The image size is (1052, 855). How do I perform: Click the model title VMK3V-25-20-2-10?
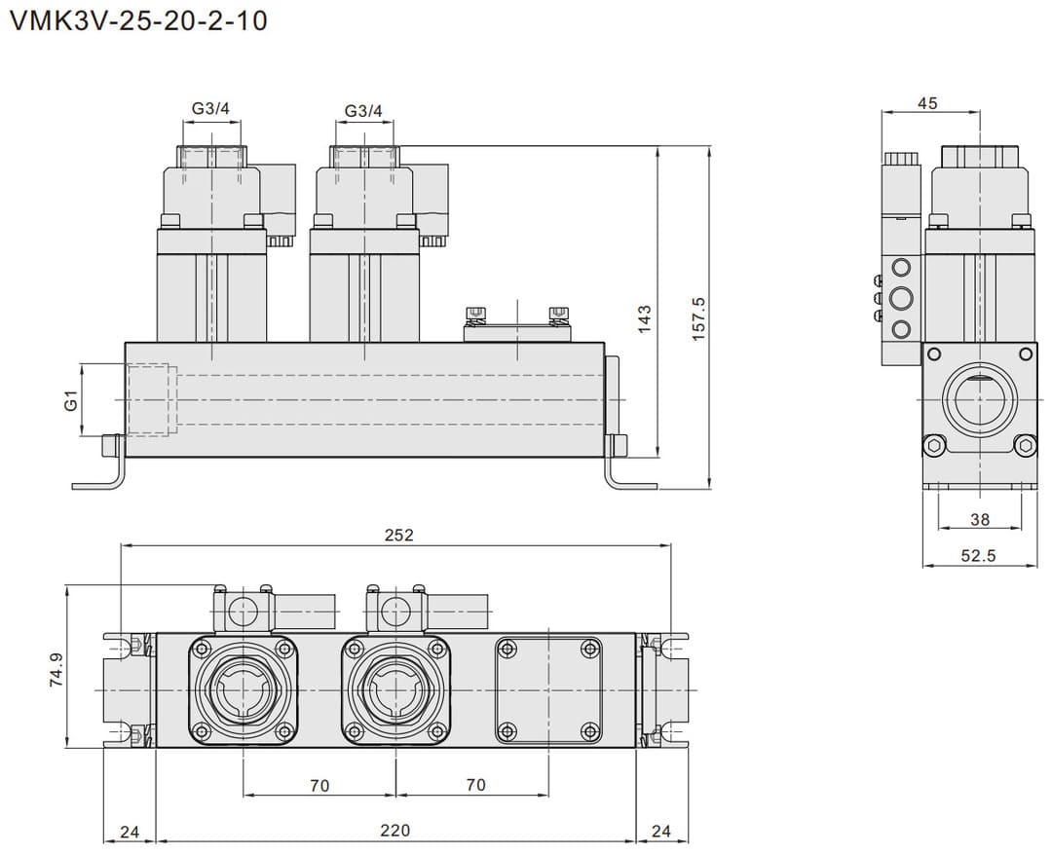[x=137, y=20]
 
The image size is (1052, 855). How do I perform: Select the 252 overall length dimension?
[x=398, y=535]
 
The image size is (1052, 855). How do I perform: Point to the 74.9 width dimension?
[x=56, y=671]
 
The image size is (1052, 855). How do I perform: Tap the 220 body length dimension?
[x=394, y=831]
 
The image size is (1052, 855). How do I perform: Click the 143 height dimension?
[x=644, y=319]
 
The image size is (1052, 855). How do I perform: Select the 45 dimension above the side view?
[x=927, y=102]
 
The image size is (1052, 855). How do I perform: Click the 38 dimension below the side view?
[x=980, y=519]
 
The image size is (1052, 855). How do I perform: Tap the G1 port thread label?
[x=70, y=399]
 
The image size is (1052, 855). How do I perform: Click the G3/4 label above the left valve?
[x=210, y=110]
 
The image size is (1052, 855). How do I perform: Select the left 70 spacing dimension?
[x=319, y=785]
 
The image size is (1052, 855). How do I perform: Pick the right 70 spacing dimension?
[x=475, y=785]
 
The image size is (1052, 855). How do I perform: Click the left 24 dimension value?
[x=129, y=831]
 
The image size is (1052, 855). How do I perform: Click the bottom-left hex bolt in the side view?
[x=935, y=446]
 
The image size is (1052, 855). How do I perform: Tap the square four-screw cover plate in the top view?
[x=548, y=689]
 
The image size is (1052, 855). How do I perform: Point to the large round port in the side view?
[x=980, y=399]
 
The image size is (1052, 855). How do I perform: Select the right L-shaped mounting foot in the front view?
[x=623, y=473]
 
